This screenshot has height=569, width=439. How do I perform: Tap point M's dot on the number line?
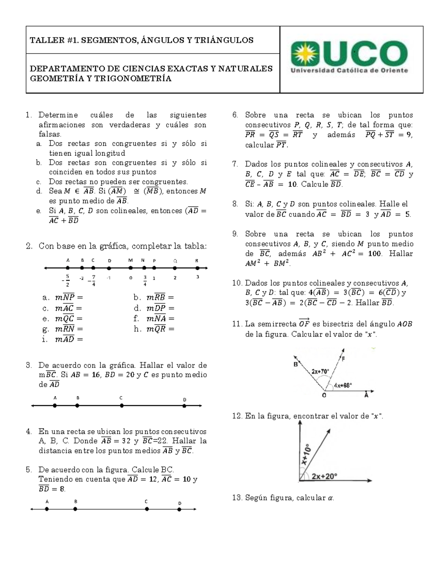coord(131,268)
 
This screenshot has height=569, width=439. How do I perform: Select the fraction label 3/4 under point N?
coord(145,280)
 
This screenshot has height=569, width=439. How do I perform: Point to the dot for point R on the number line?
coord(197,268)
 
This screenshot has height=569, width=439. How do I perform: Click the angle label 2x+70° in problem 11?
coord(320,371)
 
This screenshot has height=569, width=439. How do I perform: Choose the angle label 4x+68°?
coord(343,385)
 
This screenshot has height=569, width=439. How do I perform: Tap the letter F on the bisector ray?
coord(344,359)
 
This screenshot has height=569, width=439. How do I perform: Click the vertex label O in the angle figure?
coord(324,396)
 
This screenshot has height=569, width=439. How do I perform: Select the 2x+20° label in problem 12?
coord(324,476)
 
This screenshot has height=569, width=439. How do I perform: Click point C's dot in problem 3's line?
coord(122,406)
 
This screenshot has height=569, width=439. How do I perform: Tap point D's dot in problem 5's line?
coord(179,509)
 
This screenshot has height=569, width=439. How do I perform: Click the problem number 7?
coord(235,164)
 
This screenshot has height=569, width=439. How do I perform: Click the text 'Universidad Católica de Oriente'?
coord(349,71)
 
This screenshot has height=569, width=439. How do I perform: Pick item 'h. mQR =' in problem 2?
coord(154,329)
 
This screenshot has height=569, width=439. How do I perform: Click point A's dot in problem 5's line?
coord(47,509)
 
